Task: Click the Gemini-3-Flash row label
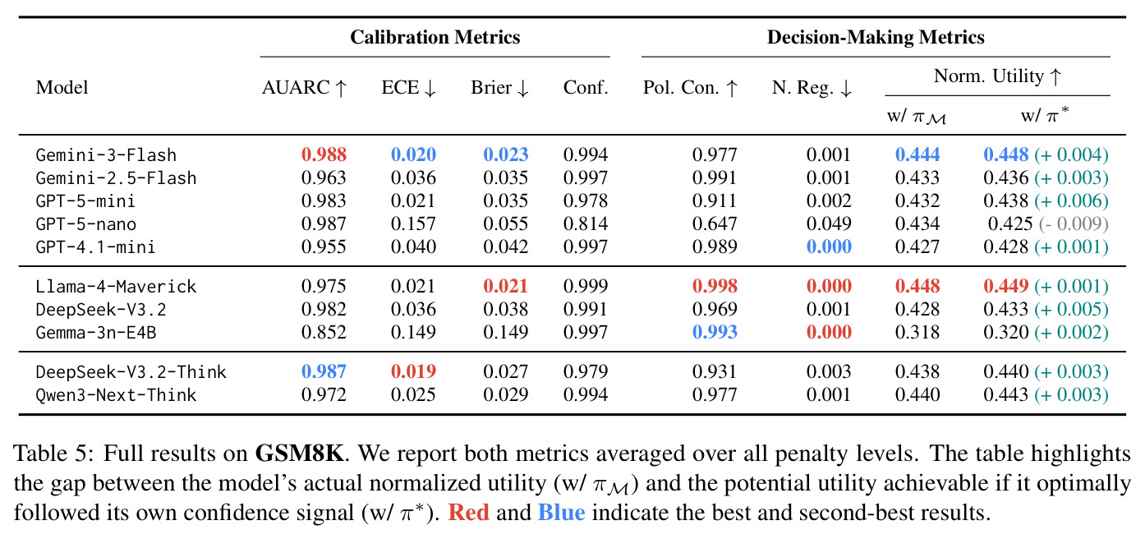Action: coord(106,154)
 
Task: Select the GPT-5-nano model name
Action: coord(86,224)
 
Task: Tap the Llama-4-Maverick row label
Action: coord(116,286)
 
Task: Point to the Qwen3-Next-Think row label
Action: coord(116,394)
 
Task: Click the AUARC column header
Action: coord(305,87)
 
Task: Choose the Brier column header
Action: coord(499,87)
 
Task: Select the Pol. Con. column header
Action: coord(691,87)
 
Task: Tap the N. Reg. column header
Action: coord(812,87)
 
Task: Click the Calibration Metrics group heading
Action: coord(435,37)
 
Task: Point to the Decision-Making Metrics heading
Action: coord(876,37)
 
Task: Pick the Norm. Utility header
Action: coord(998,76)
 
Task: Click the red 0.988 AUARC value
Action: coord(324,154)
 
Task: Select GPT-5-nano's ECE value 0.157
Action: coord(413,224)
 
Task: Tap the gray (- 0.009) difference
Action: coord(1073,224)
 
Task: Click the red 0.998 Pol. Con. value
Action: coord(715,286)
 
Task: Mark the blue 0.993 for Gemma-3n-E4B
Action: coord(715,333)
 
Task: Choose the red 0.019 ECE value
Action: coord(413,371)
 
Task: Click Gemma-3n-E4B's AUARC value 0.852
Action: coord(324,333)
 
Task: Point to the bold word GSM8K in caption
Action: coord(299,453)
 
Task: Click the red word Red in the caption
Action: coord(468,513)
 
